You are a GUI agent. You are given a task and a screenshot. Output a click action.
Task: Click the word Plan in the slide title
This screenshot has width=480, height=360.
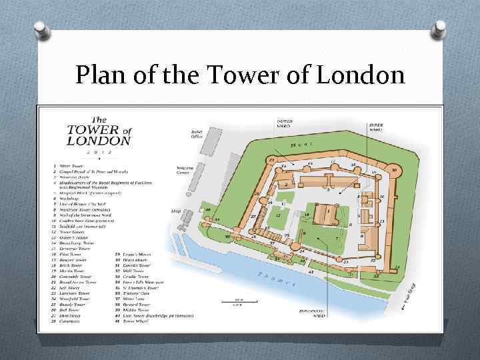(100, 76)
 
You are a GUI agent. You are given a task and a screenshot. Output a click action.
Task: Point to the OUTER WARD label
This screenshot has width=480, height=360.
(285, 124)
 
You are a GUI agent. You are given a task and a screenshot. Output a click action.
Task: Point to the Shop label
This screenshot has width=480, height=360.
(176, 211)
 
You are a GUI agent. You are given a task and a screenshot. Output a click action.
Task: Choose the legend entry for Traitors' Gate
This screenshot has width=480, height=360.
(129, 287)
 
